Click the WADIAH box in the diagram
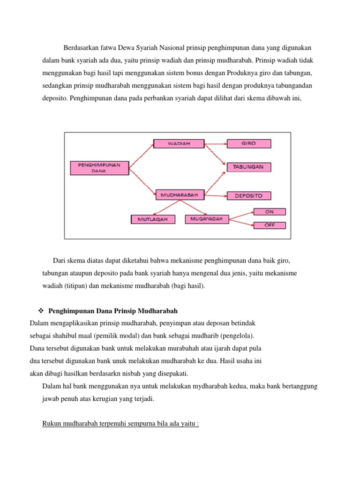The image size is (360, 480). [172, 144]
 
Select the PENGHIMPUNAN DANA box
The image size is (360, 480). [99, 167]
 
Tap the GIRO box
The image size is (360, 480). [248, 143]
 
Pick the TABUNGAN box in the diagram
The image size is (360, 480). [249, 167]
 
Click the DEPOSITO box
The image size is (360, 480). [249, 196]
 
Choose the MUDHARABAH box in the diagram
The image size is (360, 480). [180, 195]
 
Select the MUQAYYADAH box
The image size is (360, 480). [207, 219]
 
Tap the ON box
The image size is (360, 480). [269, 212]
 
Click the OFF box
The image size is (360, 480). [269, 225]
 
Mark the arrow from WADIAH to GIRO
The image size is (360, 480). [209, 143]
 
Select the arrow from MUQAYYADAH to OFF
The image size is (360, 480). [241, 222]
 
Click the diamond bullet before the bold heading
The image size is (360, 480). [40, 311]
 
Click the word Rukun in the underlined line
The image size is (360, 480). [51, 424]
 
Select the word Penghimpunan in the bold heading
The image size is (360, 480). [69, 311]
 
